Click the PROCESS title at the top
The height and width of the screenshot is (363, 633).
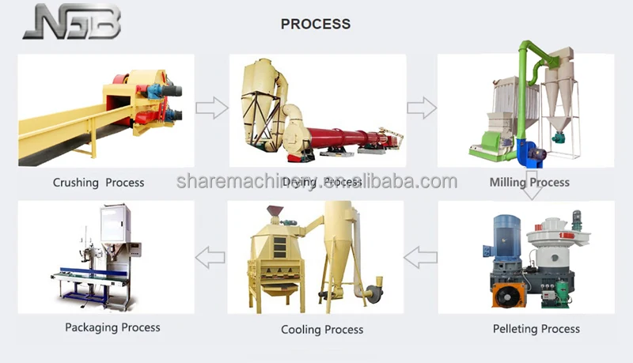click(316, 24)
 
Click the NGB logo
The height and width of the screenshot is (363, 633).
click(72, 22)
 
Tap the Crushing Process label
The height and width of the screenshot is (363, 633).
click(98, 183)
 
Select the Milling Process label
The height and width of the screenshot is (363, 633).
click(529, 183)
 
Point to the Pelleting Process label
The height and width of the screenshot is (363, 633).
click(536, 328)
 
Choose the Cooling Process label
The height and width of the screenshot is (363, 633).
click(322, 329)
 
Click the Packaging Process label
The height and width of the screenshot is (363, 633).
click(112, 327)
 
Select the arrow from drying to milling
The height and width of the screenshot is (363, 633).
click(422, 108)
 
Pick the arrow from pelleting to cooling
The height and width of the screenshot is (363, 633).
click(421, 256)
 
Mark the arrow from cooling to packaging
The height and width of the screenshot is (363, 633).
click(210, 256)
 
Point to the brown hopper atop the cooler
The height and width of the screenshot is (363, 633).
click(275, 213)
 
